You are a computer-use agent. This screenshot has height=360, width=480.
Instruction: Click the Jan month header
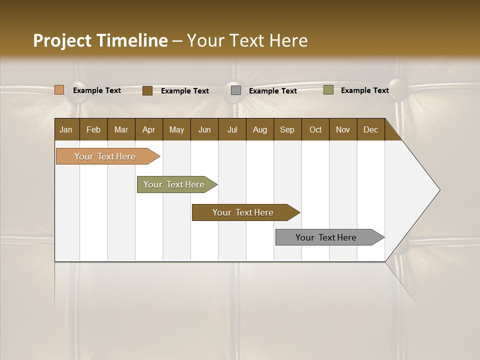coord(66,129)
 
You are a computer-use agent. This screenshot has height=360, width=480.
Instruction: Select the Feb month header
coord(93,129)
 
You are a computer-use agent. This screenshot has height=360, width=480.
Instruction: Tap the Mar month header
coord(121,129)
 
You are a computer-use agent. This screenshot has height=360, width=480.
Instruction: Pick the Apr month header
coord(149,129)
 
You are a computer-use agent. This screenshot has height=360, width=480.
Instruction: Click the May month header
coord(176,129)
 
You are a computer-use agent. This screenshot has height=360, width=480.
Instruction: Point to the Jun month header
coord(204,129)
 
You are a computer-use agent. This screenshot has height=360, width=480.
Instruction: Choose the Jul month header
coord(232,129)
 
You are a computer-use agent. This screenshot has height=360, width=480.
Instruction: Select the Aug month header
coord(260,129)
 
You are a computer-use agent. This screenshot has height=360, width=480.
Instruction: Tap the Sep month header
coord(287,129)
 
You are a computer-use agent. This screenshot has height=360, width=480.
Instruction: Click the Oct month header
coord(315,129)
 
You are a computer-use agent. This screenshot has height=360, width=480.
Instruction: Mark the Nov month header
coord(343,129)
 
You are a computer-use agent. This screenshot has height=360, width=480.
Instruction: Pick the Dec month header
coord(371,129)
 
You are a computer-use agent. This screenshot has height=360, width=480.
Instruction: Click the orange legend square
coord(59,90)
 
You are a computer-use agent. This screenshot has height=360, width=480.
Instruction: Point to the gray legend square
coord(236,90)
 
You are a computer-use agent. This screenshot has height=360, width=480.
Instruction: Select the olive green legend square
coord(328,90)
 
